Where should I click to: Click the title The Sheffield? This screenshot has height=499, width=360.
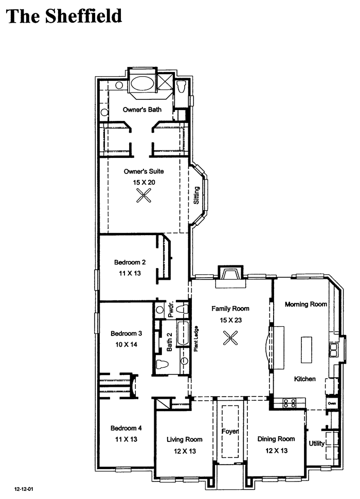64,16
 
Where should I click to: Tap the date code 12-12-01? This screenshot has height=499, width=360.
24,489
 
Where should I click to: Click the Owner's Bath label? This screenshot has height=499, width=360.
142,110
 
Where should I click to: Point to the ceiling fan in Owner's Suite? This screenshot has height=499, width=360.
144,195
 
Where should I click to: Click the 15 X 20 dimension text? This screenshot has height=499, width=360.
144,182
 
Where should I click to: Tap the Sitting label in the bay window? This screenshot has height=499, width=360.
196,195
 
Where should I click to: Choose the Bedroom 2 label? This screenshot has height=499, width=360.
130,262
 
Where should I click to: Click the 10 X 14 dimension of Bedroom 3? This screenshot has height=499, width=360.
126,344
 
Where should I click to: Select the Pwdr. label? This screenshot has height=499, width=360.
170,309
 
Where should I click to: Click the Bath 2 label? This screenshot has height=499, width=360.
169,342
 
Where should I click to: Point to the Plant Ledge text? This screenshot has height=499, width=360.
196,338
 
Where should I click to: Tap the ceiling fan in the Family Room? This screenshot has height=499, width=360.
230,338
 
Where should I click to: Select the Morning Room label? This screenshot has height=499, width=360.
306,304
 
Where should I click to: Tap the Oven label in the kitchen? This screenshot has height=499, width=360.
332,403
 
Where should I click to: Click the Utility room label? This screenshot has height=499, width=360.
317,443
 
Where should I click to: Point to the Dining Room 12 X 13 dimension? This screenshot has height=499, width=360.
276,451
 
